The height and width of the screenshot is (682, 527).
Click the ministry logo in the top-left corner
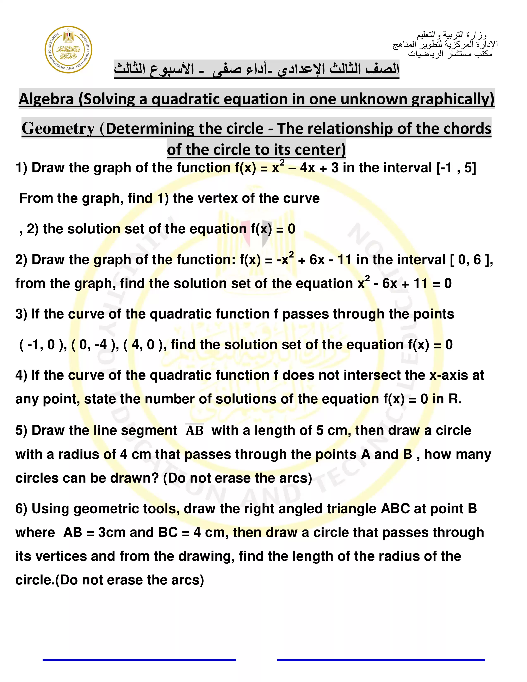pyautogui.click(x=68, y=50)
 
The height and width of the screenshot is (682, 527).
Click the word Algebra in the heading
pyautogui.click(x=46, y=99)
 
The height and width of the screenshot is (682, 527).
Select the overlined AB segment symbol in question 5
pyautogui.click(x=194, y=430)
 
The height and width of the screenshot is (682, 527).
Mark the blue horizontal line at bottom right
pyautogui.click(x=381, y=660)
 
